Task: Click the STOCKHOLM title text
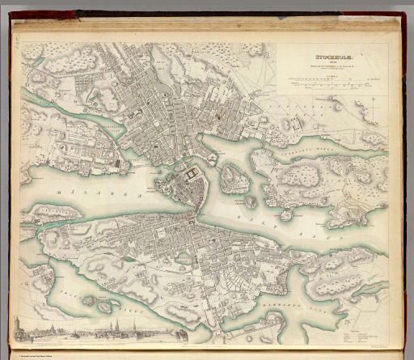(x=323, y=57)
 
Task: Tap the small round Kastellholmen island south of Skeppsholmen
(x=251, y=201)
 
